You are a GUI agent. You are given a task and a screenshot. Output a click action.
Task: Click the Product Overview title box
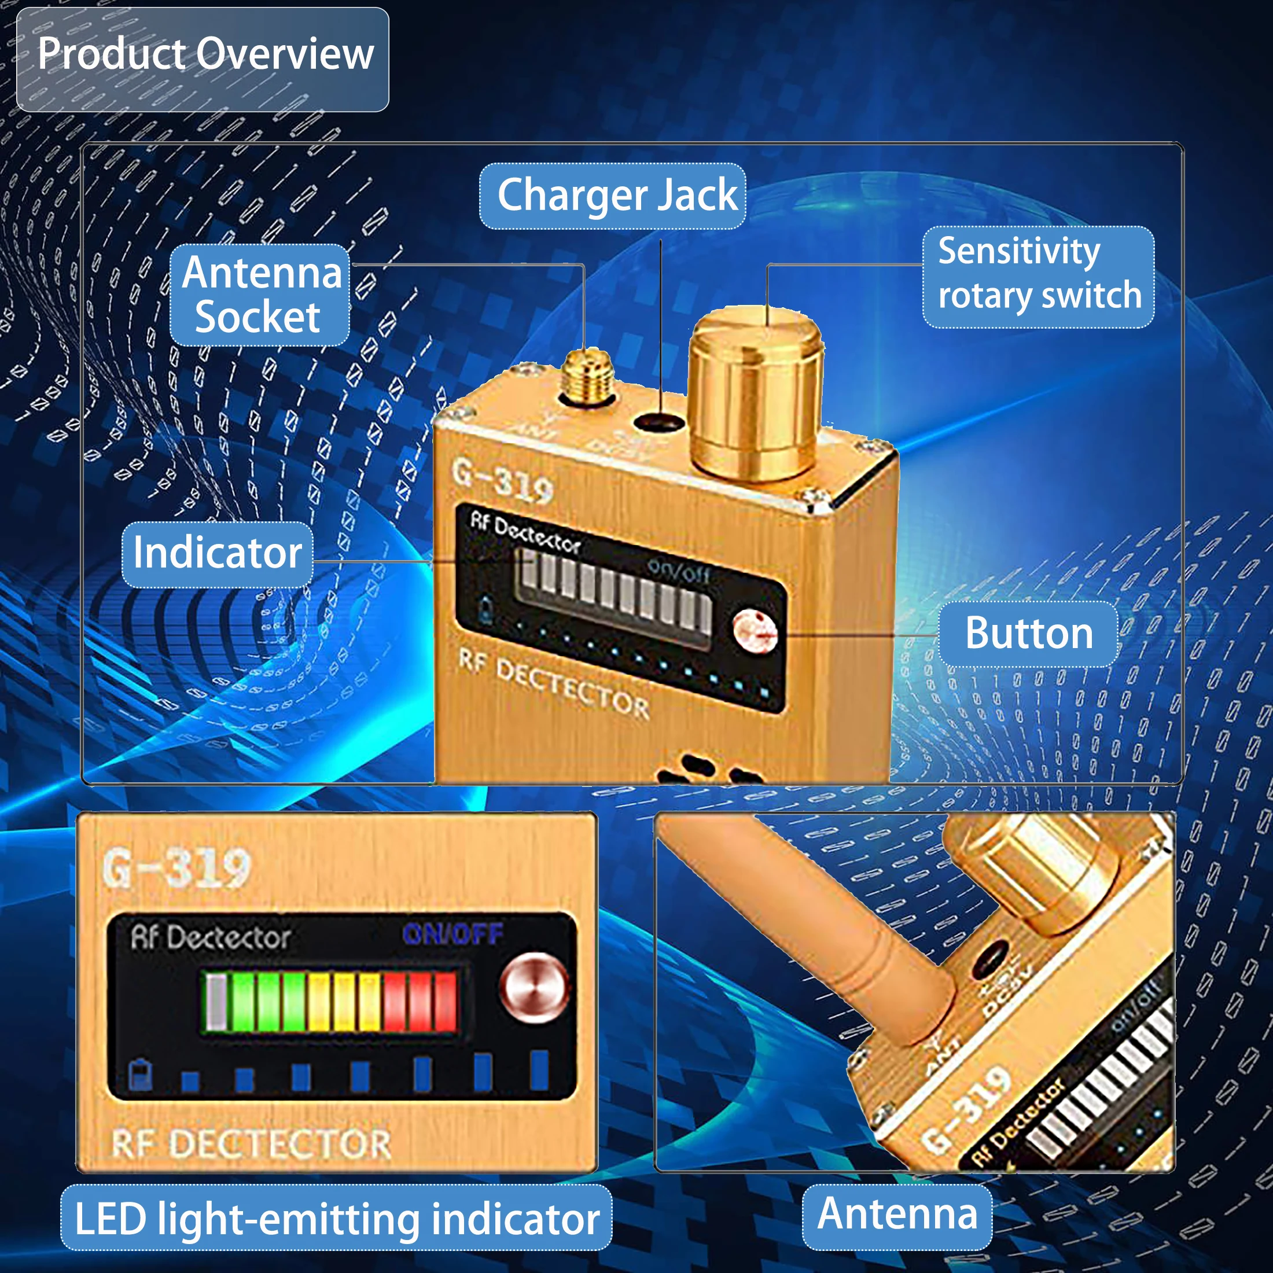(x=203, y=58)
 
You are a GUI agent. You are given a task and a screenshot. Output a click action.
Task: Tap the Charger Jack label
(x=612, y=196)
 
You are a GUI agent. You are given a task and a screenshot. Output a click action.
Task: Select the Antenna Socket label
(x=260, y=295)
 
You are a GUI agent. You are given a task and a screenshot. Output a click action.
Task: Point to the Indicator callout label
(x=218, y=554)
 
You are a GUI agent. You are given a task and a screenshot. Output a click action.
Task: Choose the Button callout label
(x=1027, y=633)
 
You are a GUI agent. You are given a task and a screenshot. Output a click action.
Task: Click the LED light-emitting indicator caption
(x=336, y=1217)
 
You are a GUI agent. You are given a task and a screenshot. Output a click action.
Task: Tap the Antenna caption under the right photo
(x=897, y=1214)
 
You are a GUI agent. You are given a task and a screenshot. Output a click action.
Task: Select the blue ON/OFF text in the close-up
(x=452, y=934)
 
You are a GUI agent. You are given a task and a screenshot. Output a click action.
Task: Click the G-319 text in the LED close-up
(x=176, y=868)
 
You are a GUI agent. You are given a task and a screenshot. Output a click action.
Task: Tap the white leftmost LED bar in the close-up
(x=216, y=1002)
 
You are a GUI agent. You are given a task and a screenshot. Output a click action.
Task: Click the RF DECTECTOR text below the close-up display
(x=251, y=1145)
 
